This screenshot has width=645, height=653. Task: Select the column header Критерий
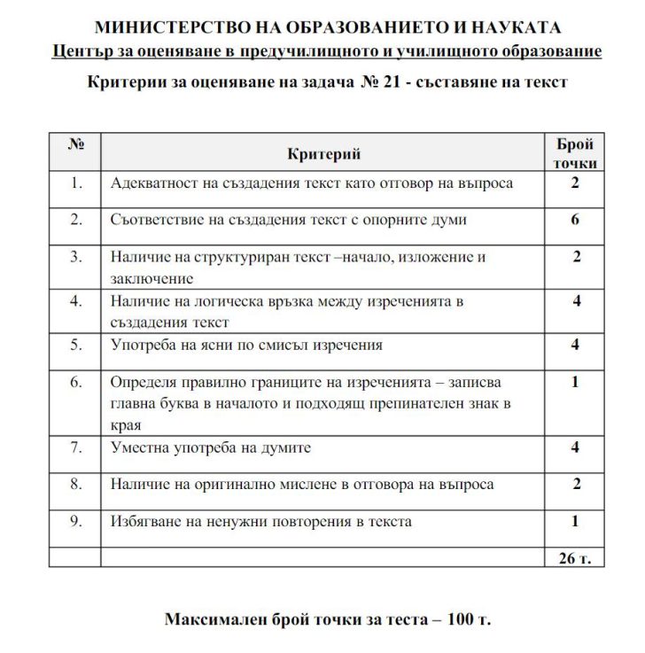point(323,154)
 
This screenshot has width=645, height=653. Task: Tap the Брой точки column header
point(575,153)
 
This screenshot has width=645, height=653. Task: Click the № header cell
point(75,144)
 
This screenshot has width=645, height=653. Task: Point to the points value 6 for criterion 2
point(575,219)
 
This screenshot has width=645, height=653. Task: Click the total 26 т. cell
point(575,557)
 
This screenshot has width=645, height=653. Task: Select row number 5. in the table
point(75,344)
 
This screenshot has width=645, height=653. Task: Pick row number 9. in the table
point(75,521)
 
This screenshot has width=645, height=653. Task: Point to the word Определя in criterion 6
point(143,382)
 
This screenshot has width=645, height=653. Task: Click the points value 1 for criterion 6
point(575,382)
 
